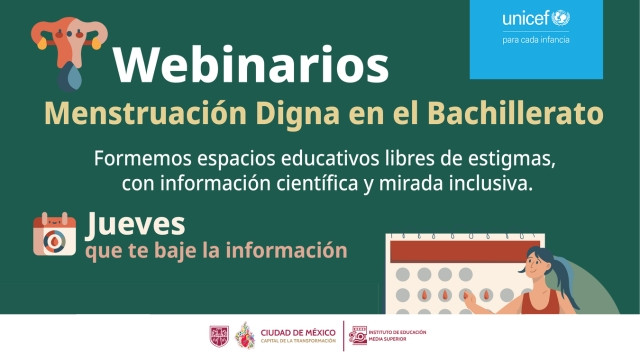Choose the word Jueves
(x=135, y=222)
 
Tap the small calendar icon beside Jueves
(x=54, y=234)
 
